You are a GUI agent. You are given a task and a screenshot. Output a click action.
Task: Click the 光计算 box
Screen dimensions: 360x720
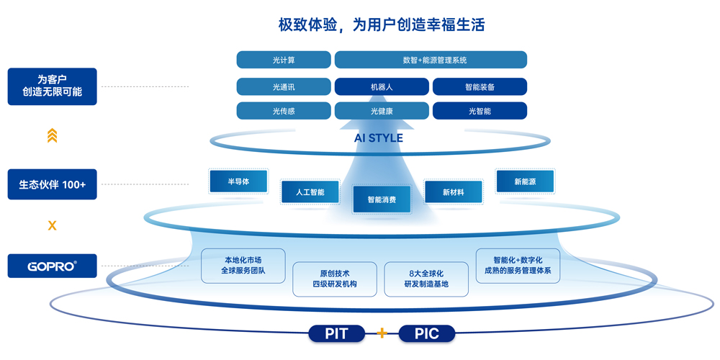tap(284, 60)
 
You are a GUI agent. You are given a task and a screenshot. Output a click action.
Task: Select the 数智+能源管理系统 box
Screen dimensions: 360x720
tap(431, 60)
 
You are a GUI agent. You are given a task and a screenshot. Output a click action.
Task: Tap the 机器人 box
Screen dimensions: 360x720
tap(382, 87)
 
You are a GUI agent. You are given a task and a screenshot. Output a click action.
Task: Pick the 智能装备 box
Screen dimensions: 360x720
tap(480, 87)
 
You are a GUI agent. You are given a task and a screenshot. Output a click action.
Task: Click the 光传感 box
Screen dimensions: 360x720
tap(284, 111)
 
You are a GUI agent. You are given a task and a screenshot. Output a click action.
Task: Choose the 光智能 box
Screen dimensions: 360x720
tap(480, 111)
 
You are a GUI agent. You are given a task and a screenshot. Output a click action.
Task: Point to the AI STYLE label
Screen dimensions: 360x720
tap(379, 138)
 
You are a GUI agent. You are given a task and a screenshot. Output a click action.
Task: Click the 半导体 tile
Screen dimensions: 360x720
tap(238, 181)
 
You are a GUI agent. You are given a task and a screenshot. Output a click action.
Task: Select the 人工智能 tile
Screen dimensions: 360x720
tap(310, 192)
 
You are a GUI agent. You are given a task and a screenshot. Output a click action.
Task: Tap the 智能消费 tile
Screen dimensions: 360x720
tap(382, 199)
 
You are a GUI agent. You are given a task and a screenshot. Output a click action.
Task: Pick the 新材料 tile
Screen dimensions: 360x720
tap(453, 192)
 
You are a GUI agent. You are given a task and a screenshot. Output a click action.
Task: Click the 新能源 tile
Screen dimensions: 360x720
tap(525, 181)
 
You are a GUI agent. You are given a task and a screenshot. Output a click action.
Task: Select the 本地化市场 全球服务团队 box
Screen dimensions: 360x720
tap(243, 266)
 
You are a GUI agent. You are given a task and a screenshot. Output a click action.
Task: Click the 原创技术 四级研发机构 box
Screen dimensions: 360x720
tap(335, 279)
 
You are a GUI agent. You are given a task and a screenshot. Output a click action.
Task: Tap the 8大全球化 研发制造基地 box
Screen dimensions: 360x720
tap(426, 279)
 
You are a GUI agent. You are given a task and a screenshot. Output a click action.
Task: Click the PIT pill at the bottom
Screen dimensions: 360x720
tap(336, 333)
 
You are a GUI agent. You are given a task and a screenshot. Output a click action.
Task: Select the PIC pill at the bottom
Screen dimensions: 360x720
tap(427, 333)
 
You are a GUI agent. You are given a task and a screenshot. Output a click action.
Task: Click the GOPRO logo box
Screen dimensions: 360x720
tap(52, 266)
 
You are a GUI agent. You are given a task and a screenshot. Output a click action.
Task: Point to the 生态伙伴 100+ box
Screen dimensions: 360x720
tap(52, 184)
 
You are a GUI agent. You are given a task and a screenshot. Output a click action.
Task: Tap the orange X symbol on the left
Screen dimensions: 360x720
tap(52, 225)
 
